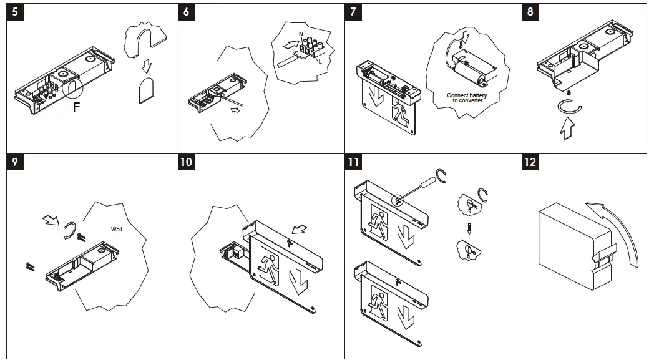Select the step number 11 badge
[354, 162]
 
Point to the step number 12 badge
[530, 162]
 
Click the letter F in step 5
[76, 107]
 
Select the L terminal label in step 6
[320, 61]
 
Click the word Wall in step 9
[117, 229]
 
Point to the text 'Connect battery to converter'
[467, 98]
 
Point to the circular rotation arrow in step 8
[569, 108]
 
